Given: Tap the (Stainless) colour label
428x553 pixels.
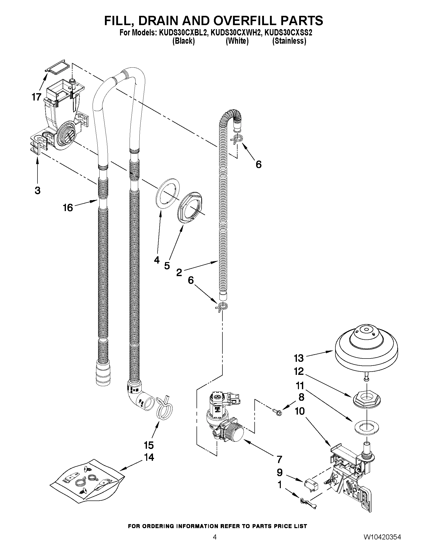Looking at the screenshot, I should pos(289,41).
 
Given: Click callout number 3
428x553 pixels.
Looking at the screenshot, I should pos(37,190).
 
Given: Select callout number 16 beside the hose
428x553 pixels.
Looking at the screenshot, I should pos(68,208).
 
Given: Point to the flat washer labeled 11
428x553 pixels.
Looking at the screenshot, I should pos(367,428).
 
